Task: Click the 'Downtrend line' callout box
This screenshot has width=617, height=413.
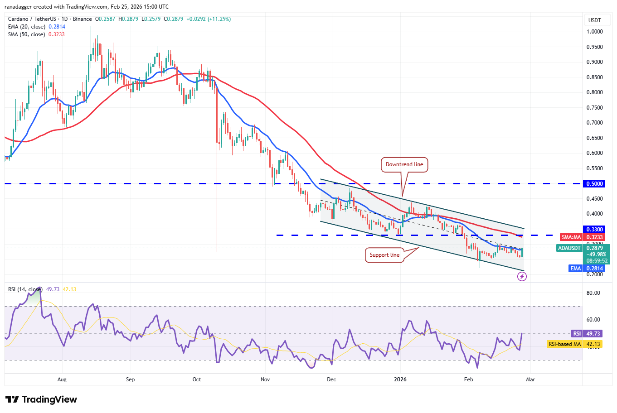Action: [404, 164]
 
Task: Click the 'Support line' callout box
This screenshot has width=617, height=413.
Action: [384, 255]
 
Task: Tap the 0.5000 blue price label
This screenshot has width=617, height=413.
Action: [595, 184]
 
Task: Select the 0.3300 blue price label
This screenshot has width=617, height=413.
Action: [595, 230]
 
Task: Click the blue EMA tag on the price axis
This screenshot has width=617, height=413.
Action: [575, 269]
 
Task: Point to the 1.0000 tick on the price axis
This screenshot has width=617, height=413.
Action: [594, 32]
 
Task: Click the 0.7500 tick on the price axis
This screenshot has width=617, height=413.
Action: [594, 108]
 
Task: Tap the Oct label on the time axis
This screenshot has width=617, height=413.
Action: [197, 379]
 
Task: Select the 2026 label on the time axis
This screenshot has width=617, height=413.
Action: [400, 379]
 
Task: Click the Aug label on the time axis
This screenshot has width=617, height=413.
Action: [62, 379]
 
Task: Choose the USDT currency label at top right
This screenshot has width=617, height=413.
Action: [594, 20]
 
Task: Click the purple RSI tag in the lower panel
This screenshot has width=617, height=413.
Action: [577, 334]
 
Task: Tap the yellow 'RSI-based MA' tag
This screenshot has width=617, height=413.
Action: [564, 344]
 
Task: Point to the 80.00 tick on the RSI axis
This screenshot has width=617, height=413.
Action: [593, 293]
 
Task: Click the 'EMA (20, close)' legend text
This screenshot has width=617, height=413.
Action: [26, 27]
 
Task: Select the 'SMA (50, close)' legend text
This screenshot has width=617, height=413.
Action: [26, 34]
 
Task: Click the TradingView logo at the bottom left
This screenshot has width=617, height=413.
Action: [41, 399]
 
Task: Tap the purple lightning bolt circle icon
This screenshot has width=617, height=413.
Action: [522, 277]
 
